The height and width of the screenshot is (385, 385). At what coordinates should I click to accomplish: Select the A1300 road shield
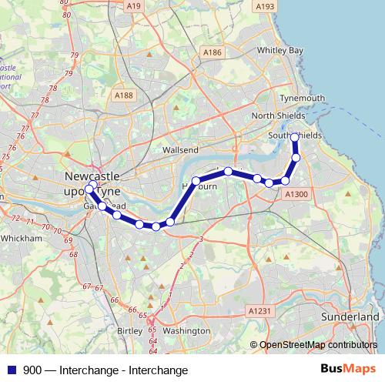click(296, 195)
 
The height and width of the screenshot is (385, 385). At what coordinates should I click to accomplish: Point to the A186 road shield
click(212, 52)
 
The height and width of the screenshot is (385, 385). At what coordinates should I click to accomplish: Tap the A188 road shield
click(122, 95)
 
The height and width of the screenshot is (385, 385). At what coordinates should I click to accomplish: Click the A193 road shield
click(265, 7)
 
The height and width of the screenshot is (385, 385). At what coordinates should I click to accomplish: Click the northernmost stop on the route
click(295, 137)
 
